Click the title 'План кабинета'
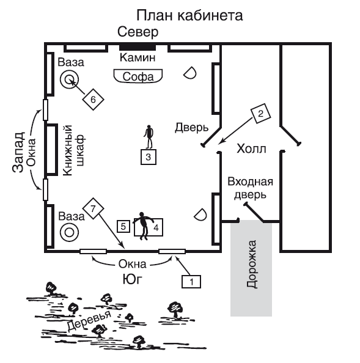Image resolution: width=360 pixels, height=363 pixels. (x=189, y=16)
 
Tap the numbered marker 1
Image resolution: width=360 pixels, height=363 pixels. (x=191, y=282)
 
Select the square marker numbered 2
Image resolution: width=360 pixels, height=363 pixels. (x=261, y=114)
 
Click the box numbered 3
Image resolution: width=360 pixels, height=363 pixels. (x=149, y=157)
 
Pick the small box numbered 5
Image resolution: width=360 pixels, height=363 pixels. (x=123, y=226)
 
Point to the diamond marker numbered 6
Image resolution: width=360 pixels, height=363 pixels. (x=93, y=100)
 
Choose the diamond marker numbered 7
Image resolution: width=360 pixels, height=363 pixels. (x=93, y=208)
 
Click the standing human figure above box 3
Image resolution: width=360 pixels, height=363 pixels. (x=149, y=137)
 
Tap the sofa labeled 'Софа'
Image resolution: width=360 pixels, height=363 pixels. (x=138, y=76)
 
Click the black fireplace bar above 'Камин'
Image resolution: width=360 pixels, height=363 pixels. (x=138, y=48)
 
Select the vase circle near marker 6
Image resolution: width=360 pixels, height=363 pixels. (x=69, y=79)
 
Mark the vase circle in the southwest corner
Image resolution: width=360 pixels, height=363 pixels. (x=69, y=232)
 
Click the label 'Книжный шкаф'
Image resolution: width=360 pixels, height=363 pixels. (x=74, y=150)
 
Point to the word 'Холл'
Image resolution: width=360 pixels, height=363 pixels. (x=251, y=149)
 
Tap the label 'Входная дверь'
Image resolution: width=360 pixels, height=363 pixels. (x=250, y=188)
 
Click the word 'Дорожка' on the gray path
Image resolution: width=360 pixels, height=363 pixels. (x=251, y=264)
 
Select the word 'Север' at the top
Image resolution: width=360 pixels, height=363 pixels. (x=138, y=32)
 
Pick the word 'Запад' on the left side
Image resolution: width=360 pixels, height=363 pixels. (x=18, y=152)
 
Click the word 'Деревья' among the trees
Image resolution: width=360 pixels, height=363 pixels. (x=89, y=320)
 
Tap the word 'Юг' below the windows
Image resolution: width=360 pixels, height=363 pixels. (x=132, y=279)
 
